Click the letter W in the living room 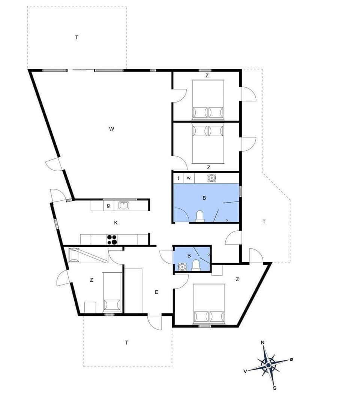click(111, 129)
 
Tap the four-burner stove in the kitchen click(112, 239)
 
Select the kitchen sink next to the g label click(123, 205)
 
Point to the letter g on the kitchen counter click(108, 205)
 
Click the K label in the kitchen click(116, 223)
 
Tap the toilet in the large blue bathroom click(200, 216)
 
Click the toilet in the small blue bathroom click(196, 265)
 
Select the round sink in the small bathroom click(183, 266)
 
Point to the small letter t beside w click(178, 178)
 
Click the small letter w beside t click(189, 178)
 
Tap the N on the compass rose click(263, 342)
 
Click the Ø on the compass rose click(291, 359)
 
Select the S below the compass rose click(274, 388)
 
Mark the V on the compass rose click(245, 371)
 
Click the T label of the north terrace click(76, 37)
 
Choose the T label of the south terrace click(127, 342)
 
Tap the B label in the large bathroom click(204, 198)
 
